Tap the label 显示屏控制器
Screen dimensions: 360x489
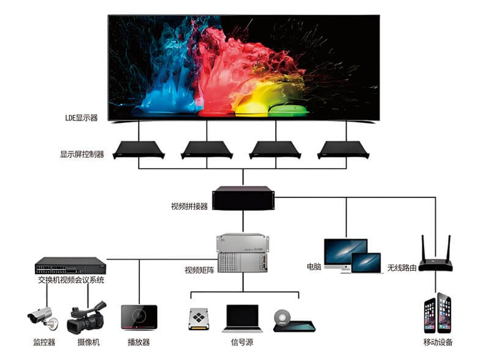tap(82, 154)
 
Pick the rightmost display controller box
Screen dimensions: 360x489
tap(347, 149)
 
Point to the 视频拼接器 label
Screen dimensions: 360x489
tap(189, 206)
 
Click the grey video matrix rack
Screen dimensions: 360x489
tap(243, 252)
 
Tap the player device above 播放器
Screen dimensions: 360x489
tap(139, 318)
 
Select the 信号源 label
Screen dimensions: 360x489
tap(242, 342)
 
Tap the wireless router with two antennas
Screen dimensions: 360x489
tap(436, 257)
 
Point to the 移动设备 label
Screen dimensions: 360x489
tap(438, 342)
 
